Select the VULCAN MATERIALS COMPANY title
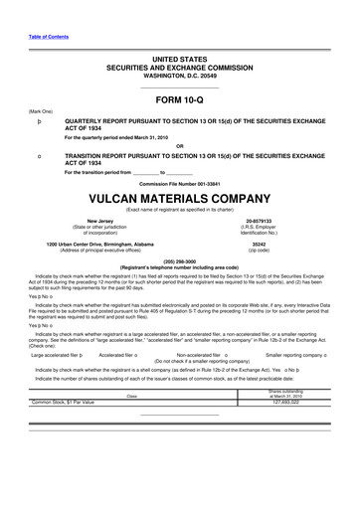click(x=179, y=197)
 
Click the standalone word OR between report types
click(x=179, y=146)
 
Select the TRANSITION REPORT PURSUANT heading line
click(x=200, y=157)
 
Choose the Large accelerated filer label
click(x=55, y=354)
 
